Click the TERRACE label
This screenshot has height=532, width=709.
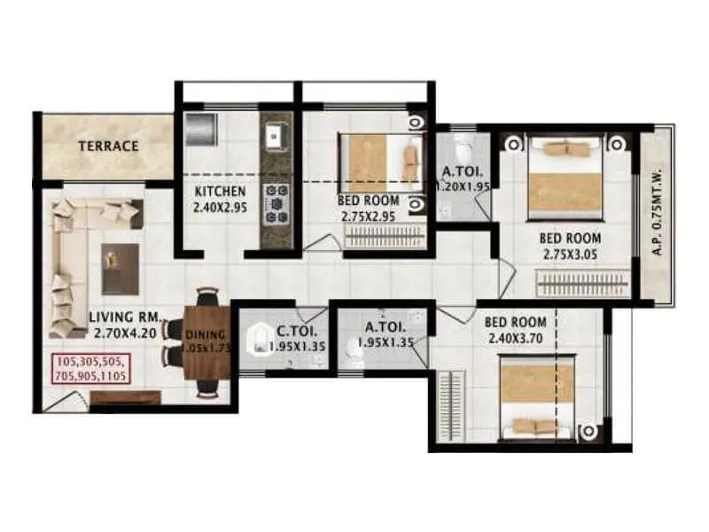(107, 145)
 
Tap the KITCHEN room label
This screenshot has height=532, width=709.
(220, 192)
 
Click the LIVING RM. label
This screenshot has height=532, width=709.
(123, 317)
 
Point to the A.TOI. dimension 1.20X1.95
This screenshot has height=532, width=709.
(461, 187)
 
